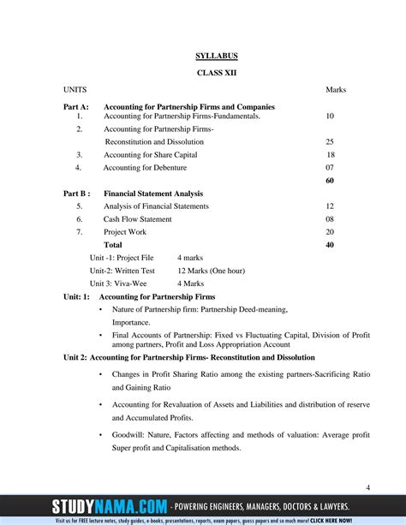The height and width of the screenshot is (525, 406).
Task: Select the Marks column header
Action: tap(335, 89)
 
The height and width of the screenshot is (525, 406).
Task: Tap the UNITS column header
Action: tap(75, 89)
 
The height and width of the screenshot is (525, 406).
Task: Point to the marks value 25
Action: tap(330, 141)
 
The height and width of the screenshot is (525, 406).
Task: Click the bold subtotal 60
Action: tap(330, 181)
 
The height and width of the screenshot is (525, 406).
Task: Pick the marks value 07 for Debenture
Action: tap(330, 168)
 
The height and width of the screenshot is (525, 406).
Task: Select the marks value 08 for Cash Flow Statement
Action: tap(330, 219)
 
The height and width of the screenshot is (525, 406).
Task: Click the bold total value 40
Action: tap(330, 245)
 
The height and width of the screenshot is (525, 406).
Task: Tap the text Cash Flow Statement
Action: tap(137, 219)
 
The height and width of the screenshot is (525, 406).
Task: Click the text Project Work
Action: tap(125, 232)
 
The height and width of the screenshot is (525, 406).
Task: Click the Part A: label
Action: tap(76, 107)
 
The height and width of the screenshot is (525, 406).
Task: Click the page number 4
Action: tap(367, 487)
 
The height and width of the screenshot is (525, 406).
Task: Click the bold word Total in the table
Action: tap(113, 245)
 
